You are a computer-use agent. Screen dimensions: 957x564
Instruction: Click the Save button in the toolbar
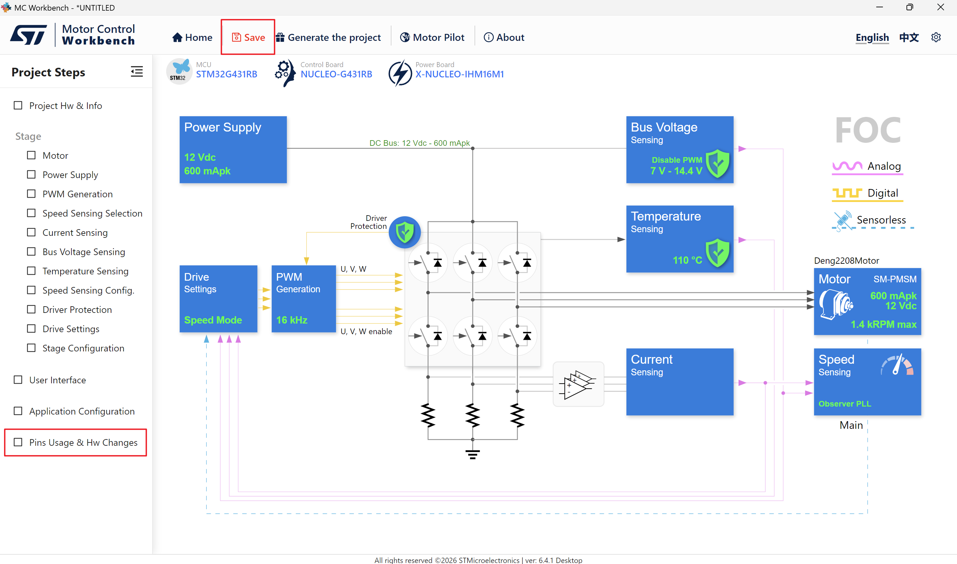tap(248, 37)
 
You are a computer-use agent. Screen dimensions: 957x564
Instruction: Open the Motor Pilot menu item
tap(432, 37)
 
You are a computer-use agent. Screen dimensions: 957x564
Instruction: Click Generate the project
tap(329, 37)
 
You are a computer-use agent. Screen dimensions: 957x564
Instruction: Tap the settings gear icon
tap(936, 37)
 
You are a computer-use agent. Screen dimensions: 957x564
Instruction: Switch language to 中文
tap(909, 37)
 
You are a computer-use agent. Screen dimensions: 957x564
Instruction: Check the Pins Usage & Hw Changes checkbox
tap(18, 442)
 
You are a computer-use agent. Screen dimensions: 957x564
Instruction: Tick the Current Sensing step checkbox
tap(31, 232)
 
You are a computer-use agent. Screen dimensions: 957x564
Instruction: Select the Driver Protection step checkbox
tap(31, 309)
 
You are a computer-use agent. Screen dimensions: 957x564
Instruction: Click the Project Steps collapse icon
tap(137, 71)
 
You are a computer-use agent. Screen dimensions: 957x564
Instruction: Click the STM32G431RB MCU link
tap(227, 74)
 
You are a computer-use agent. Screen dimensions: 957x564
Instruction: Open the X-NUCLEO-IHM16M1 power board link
tap(459, 74)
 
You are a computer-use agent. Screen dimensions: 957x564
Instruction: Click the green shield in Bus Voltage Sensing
tap(717, 163)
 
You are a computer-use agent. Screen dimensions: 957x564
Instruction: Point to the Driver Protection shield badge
tap(404, 232)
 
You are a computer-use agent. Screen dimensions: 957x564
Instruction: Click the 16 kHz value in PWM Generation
tap(292, 320)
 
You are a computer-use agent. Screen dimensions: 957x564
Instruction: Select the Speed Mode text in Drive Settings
tap(213, 320)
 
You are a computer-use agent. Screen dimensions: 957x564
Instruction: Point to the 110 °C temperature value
tap(688, 260)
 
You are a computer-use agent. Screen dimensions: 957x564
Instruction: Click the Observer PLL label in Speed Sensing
tap(844, 404)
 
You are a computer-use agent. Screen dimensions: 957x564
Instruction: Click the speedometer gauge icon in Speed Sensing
tap(897, 365)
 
